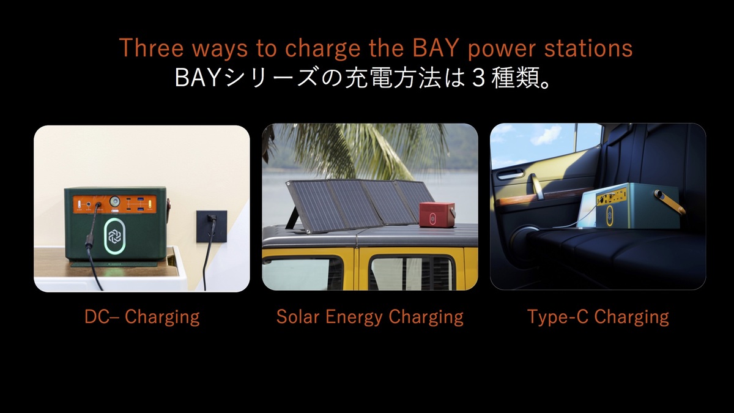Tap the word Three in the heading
(x=152, y=48)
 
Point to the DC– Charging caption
(x=142, y=318)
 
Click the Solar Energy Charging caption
(x=369, y=318)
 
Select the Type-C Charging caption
(x=598, y=318)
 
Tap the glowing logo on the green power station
(x=115, y=236)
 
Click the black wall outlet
(x=212, y=226)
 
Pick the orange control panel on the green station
(x=115, y=204)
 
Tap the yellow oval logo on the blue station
(x=609, y=215)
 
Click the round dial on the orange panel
(x=115, y=201)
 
